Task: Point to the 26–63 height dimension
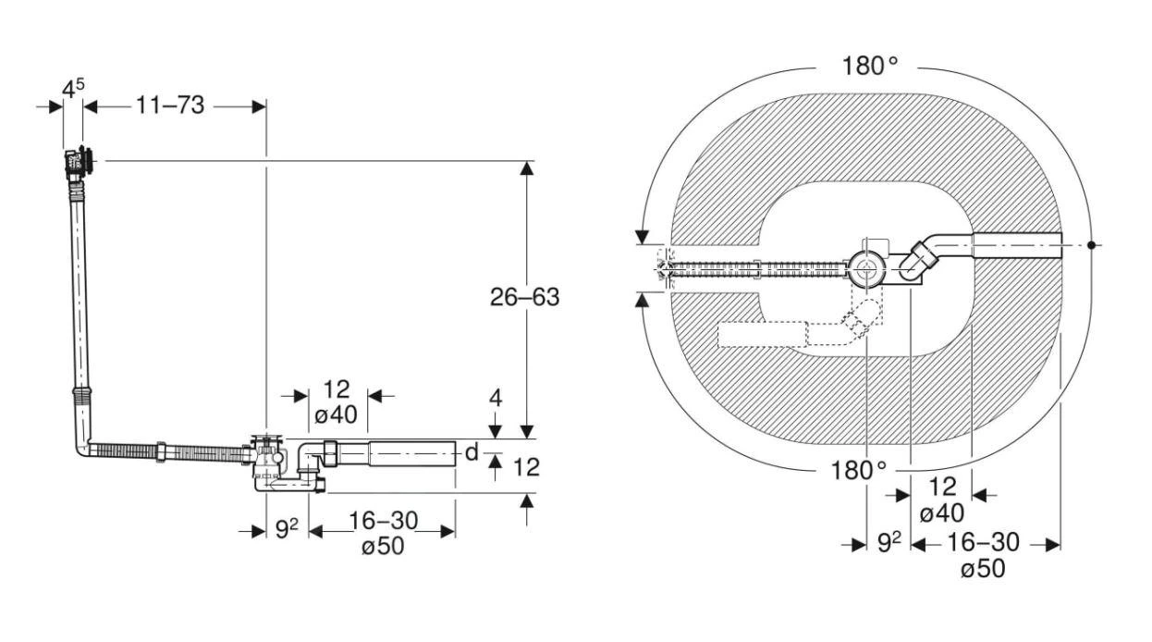[x=525, y=297]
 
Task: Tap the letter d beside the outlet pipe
[x=472, y=452]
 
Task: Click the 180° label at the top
[x=869, y=68]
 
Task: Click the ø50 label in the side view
[x=383, y=546]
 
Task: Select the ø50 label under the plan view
[x=983, y=569]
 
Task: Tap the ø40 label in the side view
[x=336, y=415]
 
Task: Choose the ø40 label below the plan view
[x=942, y=512]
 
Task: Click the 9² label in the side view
[x=287, y=530]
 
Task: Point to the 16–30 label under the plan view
[x=984, y=543]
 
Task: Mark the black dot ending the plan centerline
[x=1092, y=245]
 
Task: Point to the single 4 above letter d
[x=496, y=399]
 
